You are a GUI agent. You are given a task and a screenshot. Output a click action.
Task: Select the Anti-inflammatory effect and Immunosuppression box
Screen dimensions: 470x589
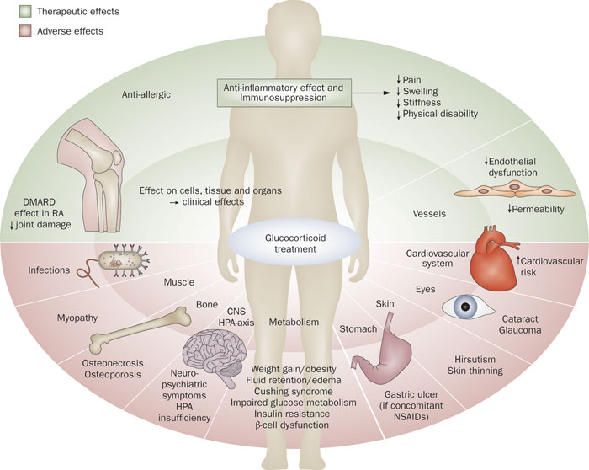click(284, 93)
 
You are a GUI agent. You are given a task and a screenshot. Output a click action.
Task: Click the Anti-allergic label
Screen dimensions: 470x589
click(145, 95)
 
